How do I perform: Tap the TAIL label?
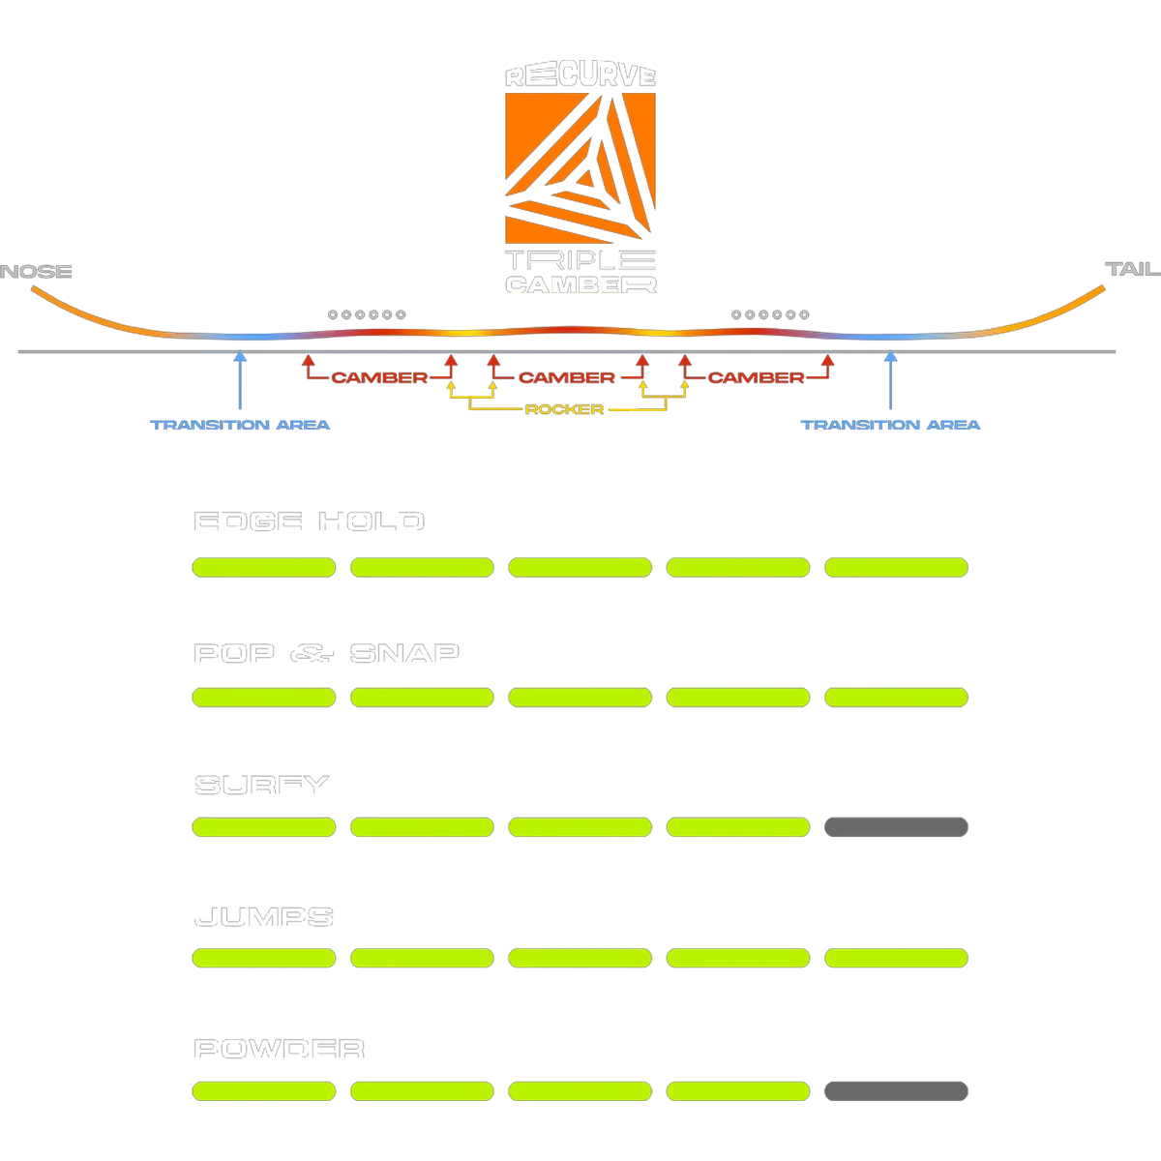(x=1128, y=269)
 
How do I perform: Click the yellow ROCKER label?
(x=564, y=409)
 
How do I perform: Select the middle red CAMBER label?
(x=567, y=378)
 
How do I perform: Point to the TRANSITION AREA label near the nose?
(x=241, y=426)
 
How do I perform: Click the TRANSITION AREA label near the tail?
(x=891, y=426)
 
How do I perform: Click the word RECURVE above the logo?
(x=580, y=75)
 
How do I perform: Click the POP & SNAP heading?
(x=326, y=654)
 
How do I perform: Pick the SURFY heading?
(x=261, y=786)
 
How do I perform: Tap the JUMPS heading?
(x=264, y=917)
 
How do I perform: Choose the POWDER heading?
(x=280, y=1049)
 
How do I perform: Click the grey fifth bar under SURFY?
(x=895, y=827)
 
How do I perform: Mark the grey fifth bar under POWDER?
(x=895, y=1092)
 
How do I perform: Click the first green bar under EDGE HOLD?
(x=264, y=568)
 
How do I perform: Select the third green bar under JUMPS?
(x=580, y=958)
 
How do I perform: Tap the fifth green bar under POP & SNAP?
(x=895, y=697)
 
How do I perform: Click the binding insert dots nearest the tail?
(x=769, y=315)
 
